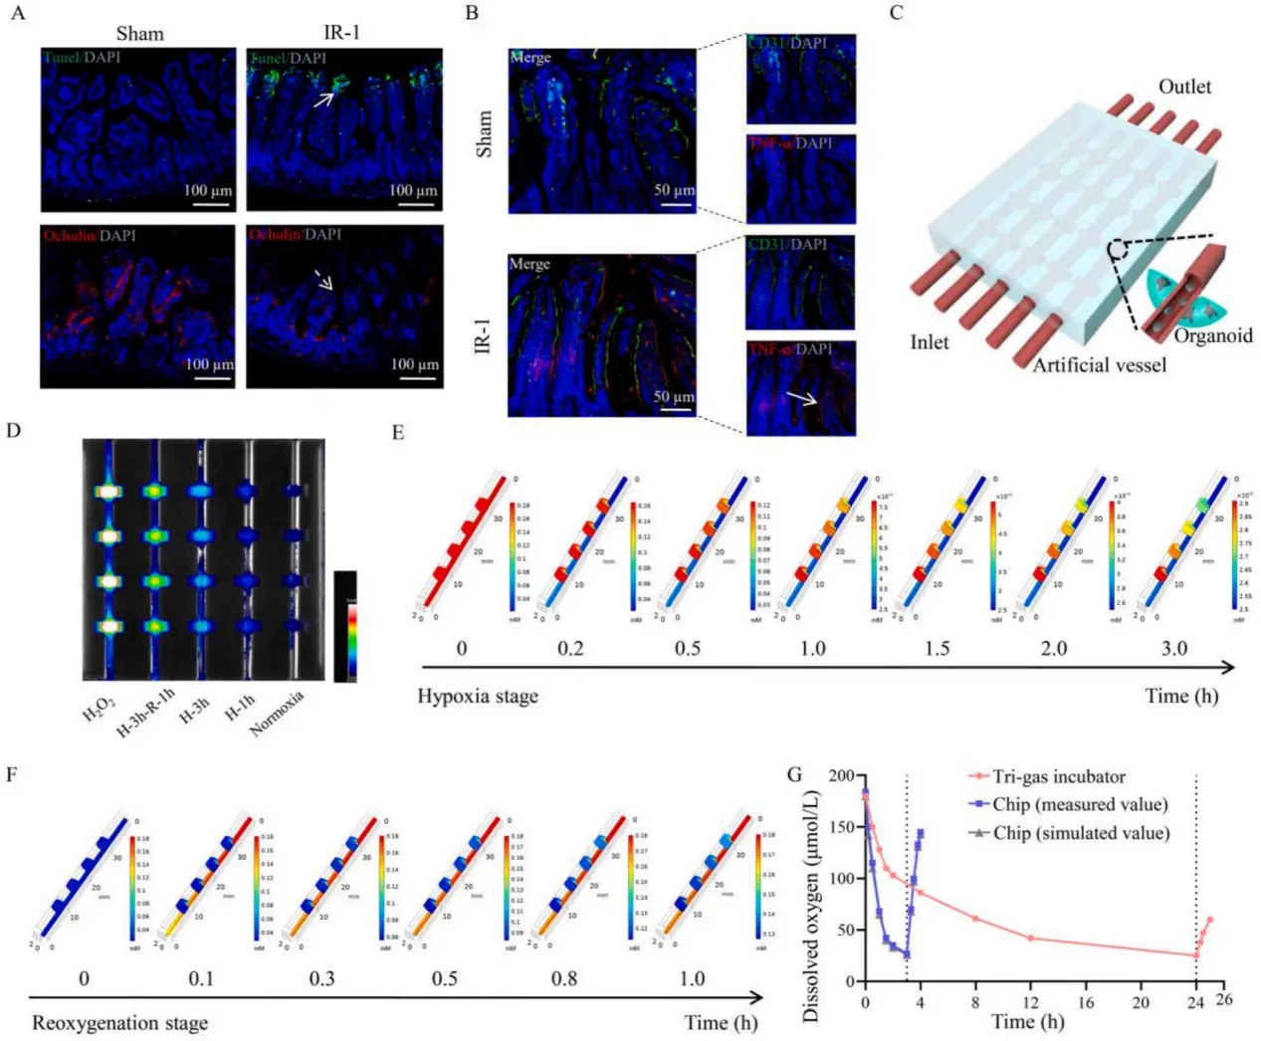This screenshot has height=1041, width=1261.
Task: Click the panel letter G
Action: [794, 774]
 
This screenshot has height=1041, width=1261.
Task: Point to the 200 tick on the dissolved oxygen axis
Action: [842, 775]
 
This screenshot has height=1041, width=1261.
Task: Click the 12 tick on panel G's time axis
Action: [1030, 1002]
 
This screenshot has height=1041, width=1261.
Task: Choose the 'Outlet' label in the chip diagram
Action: [1184, 87]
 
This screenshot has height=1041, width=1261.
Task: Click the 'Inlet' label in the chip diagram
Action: [929, 342]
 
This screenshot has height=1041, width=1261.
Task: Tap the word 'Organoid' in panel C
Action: [1212, 335]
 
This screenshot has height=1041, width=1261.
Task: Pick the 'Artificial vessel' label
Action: [1099, 365]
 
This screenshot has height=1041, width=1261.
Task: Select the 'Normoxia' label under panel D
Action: [276, 714]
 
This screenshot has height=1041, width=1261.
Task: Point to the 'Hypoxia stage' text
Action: [478, 696]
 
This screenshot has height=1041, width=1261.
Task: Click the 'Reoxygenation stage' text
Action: [120, 1023]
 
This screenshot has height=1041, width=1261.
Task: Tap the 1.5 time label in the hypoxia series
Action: [937, 649]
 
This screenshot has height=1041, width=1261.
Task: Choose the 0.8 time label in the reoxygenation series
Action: [564, 978]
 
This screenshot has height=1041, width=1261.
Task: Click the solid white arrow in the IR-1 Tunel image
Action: [324, 99]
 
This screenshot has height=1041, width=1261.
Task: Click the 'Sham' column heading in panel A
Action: [139, 34]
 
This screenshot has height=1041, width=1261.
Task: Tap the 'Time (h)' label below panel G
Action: [1028, 1022]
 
